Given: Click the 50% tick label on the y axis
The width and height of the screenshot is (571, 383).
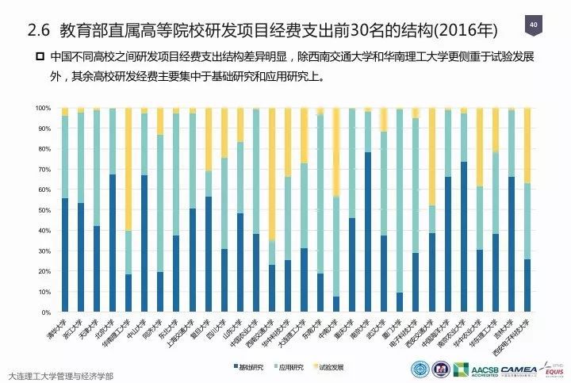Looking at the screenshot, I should coord(44,210).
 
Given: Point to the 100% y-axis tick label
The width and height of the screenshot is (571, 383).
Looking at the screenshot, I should coord(43,108).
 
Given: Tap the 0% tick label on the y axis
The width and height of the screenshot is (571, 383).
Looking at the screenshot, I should coord(46,312).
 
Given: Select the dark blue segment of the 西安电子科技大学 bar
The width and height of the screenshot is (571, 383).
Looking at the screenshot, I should coord(527,285).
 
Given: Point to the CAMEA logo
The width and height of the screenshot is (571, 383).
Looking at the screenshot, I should coord(517,370).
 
